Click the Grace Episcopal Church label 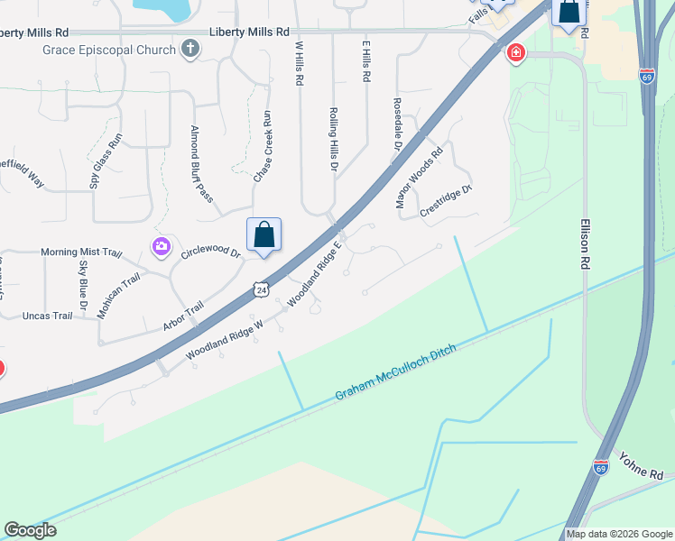108,49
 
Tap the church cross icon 190,49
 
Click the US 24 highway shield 261,289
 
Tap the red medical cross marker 515,54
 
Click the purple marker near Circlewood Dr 162,246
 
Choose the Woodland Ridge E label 316,272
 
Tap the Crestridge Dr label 447,201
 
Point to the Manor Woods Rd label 421,178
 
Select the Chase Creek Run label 262,147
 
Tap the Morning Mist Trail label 80,252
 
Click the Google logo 31,530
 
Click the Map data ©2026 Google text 619,534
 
